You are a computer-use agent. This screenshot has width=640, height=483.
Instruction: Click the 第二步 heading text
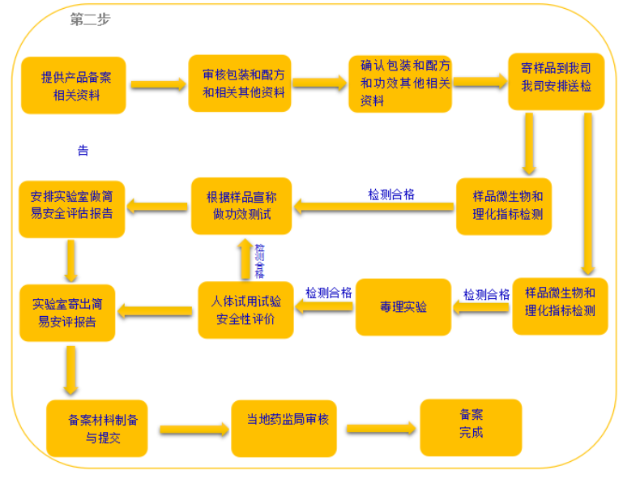pos(90,20)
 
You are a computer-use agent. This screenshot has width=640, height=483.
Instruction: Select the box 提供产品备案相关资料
pos(73,85)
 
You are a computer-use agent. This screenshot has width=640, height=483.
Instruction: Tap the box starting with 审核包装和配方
pos(240,83)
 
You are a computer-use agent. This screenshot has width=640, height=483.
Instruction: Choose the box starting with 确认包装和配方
pos(399,83)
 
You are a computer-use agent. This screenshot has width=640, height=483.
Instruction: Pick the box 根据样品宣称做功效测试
pos(241,206)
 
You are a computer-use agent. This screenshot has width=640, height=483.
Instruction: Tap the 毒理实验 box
pos(403,307)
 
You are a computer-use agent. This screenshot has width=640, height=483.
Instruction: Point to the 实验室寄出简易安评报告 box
pos(68,312)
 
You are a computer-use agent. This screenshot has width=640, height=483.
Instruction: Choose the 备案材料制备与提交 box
pos(96,428)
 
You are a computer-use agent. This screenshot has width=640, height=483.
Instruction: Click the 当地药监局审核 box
pos(284,428)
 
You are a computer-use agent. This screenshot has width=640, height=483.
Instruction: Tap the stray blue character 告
pos(83,151)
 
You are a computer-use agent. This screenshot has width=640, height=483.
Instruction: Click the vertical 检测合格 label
pos(259,260)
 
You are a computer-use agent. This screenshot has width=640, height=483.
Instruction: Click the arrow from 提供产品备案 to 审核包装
pos(157,83)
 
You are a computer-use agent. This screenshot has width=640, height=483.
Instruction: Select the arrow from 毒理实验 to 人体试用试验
pos(324,307)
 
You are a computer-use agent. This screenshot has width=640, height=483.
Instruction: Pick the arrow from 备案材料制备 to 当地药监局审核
pos(194,430)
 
